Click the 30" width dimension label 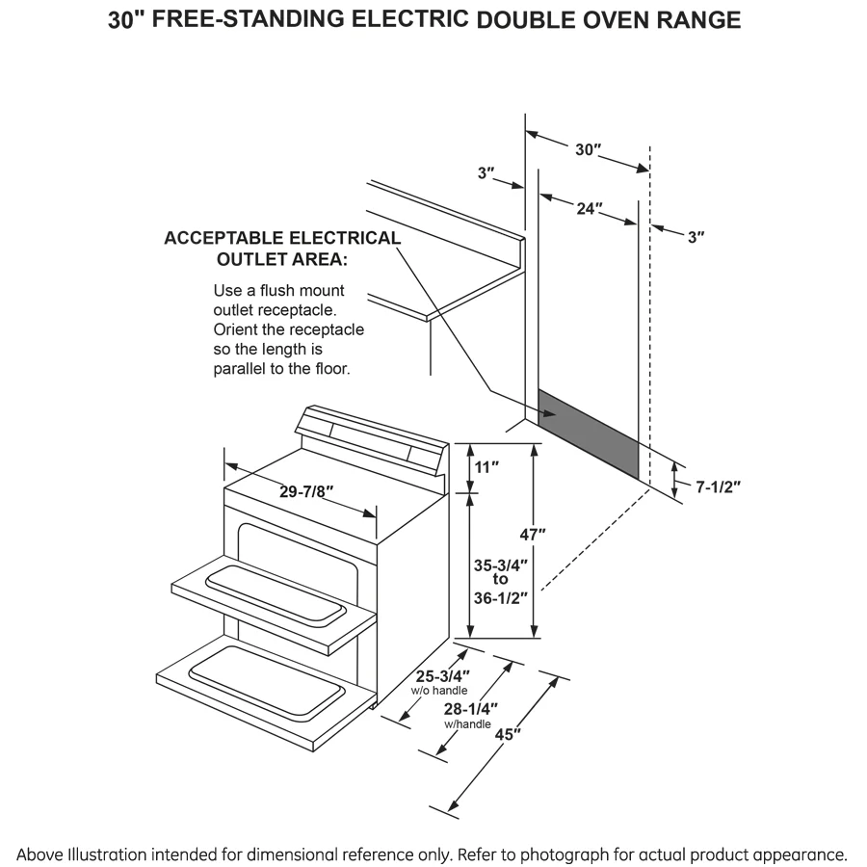point(588,149)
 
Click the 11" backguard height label point(487,467)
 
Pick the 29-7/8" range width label point(306,491)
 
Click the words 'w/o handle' point(439,691)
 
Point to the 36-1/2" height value point(500,596)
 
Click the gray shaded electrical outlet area point(588,433)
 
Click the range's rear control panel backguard point(371,437)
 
